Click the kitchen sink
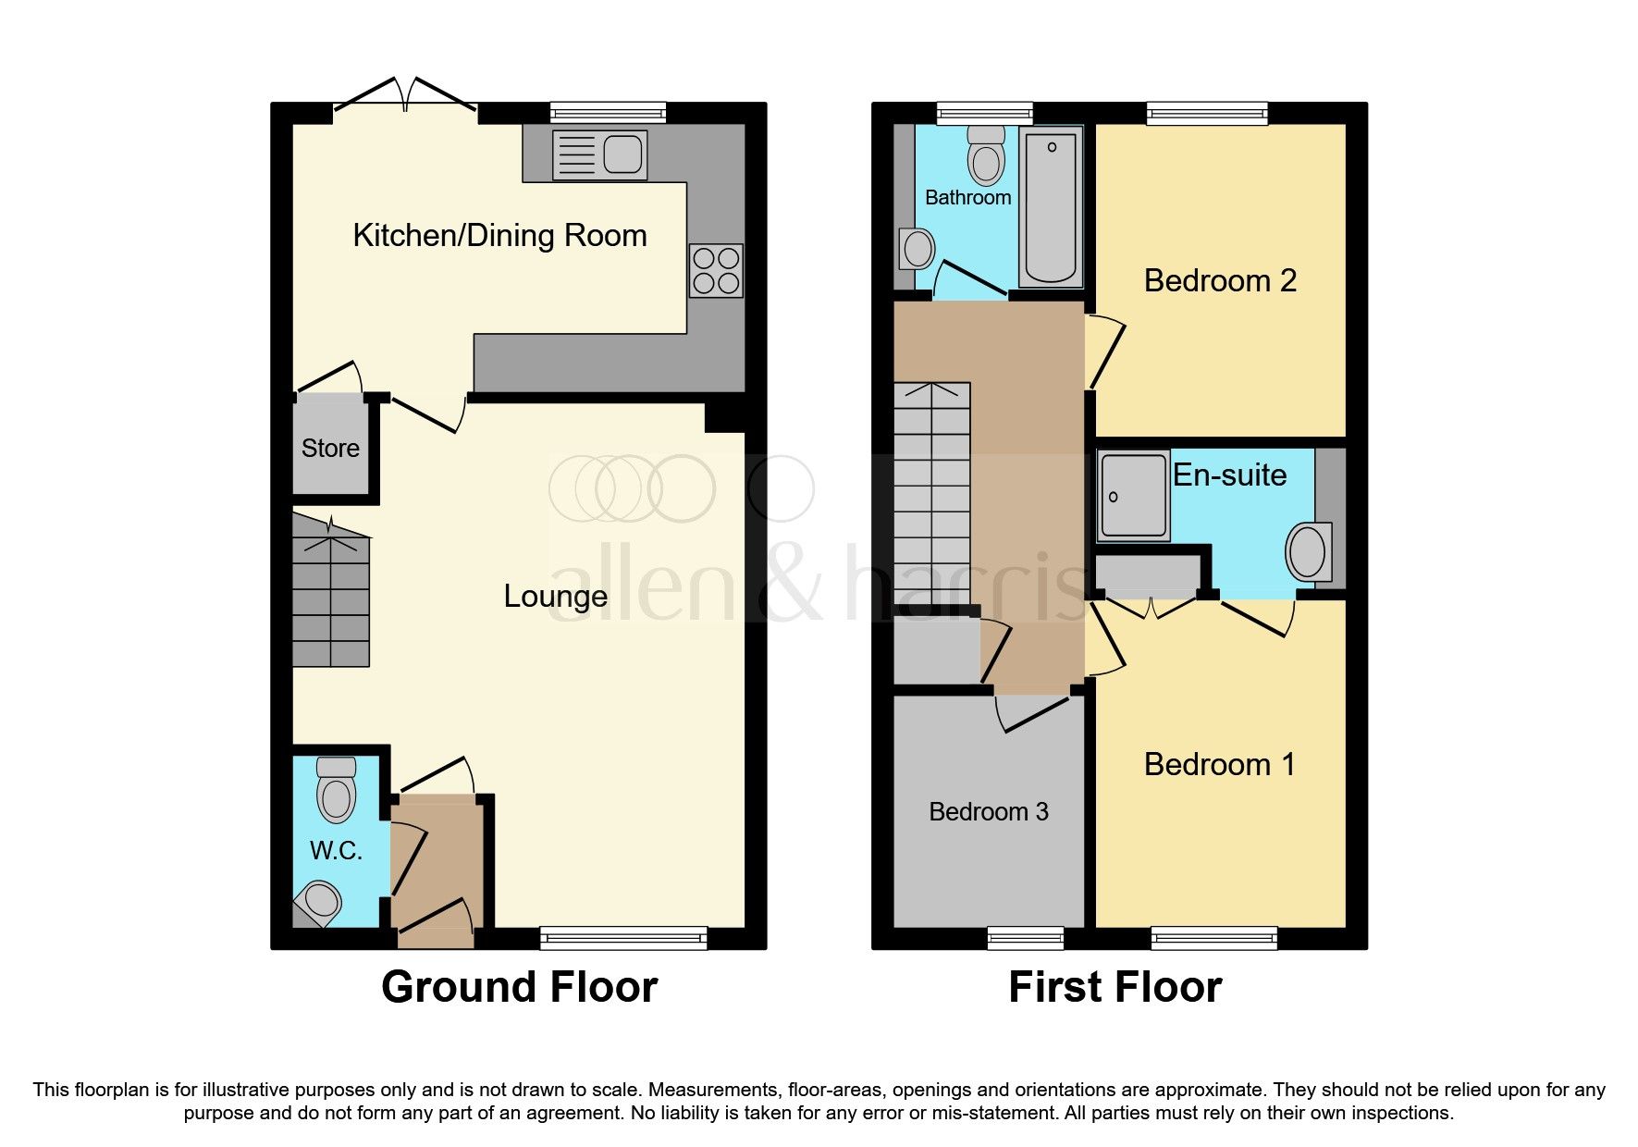coord(599,154)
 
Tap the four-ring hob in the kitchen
coord(716,270)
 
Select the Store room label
coord(330,449)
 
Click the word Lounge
coord(555,597)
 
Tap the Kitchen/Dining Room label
coord(499,236)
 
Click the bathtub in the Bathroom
coord(1052,208)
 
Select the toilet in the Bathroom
coord(986,155)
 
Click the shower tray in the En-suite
coord(1133,496)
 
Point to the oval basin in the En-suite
coord(1309,552)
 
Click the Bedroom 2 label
coord(1220,280)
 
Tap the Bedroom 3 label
coord(988,812)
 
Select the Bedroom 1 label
coord(1219,765)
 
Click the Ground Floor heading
coord(519,987)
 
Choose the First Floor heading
coord(1115,987)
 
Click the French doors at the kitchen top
coord(405,98)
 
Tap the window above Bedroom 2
coord(1207,113)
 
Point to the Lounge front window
coord(623,939)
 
